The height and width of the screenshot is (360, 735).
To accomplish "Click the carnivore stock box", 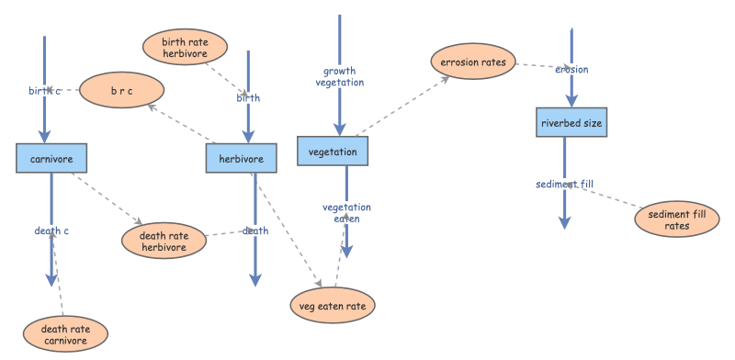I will point(51,158).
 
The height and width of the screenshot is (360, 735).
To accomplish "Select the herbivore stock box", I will point(241,158).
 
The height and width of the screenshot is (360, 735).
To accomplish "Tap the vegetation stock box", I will point(333,152).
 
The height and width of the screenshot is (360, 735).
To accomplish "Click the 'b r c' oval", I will point(121,90).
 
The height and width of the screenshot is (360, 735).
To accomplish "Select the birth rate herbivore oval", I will point(185,47).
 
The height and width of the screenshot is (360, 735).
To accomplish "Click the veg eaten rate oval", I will point(333,304).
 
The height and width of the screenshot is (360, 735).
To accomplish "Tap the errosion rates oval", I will point(473,62).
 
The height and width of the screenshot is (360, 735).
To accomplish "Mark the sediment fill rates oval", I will point(677,219).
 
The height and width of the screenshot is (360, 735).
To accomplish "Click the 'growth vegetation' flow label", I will point(340,76).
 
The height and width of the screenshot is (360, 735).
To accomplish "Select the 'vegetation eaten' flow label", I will point(346,213).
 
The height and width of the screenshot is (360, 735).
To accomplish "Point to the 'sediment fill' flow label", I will point(564,184).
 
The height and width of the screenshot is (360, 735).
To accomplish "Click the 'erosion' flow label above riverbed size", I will point(571,69).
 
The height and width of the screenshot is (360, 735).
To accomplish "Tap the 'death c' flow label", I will point(52,231).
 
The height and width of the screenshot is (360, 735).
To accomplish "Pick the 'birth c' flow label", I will point(44,90).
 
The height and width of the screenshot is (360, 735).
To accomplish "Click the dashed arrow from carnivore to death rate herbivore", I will point(106,198).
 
